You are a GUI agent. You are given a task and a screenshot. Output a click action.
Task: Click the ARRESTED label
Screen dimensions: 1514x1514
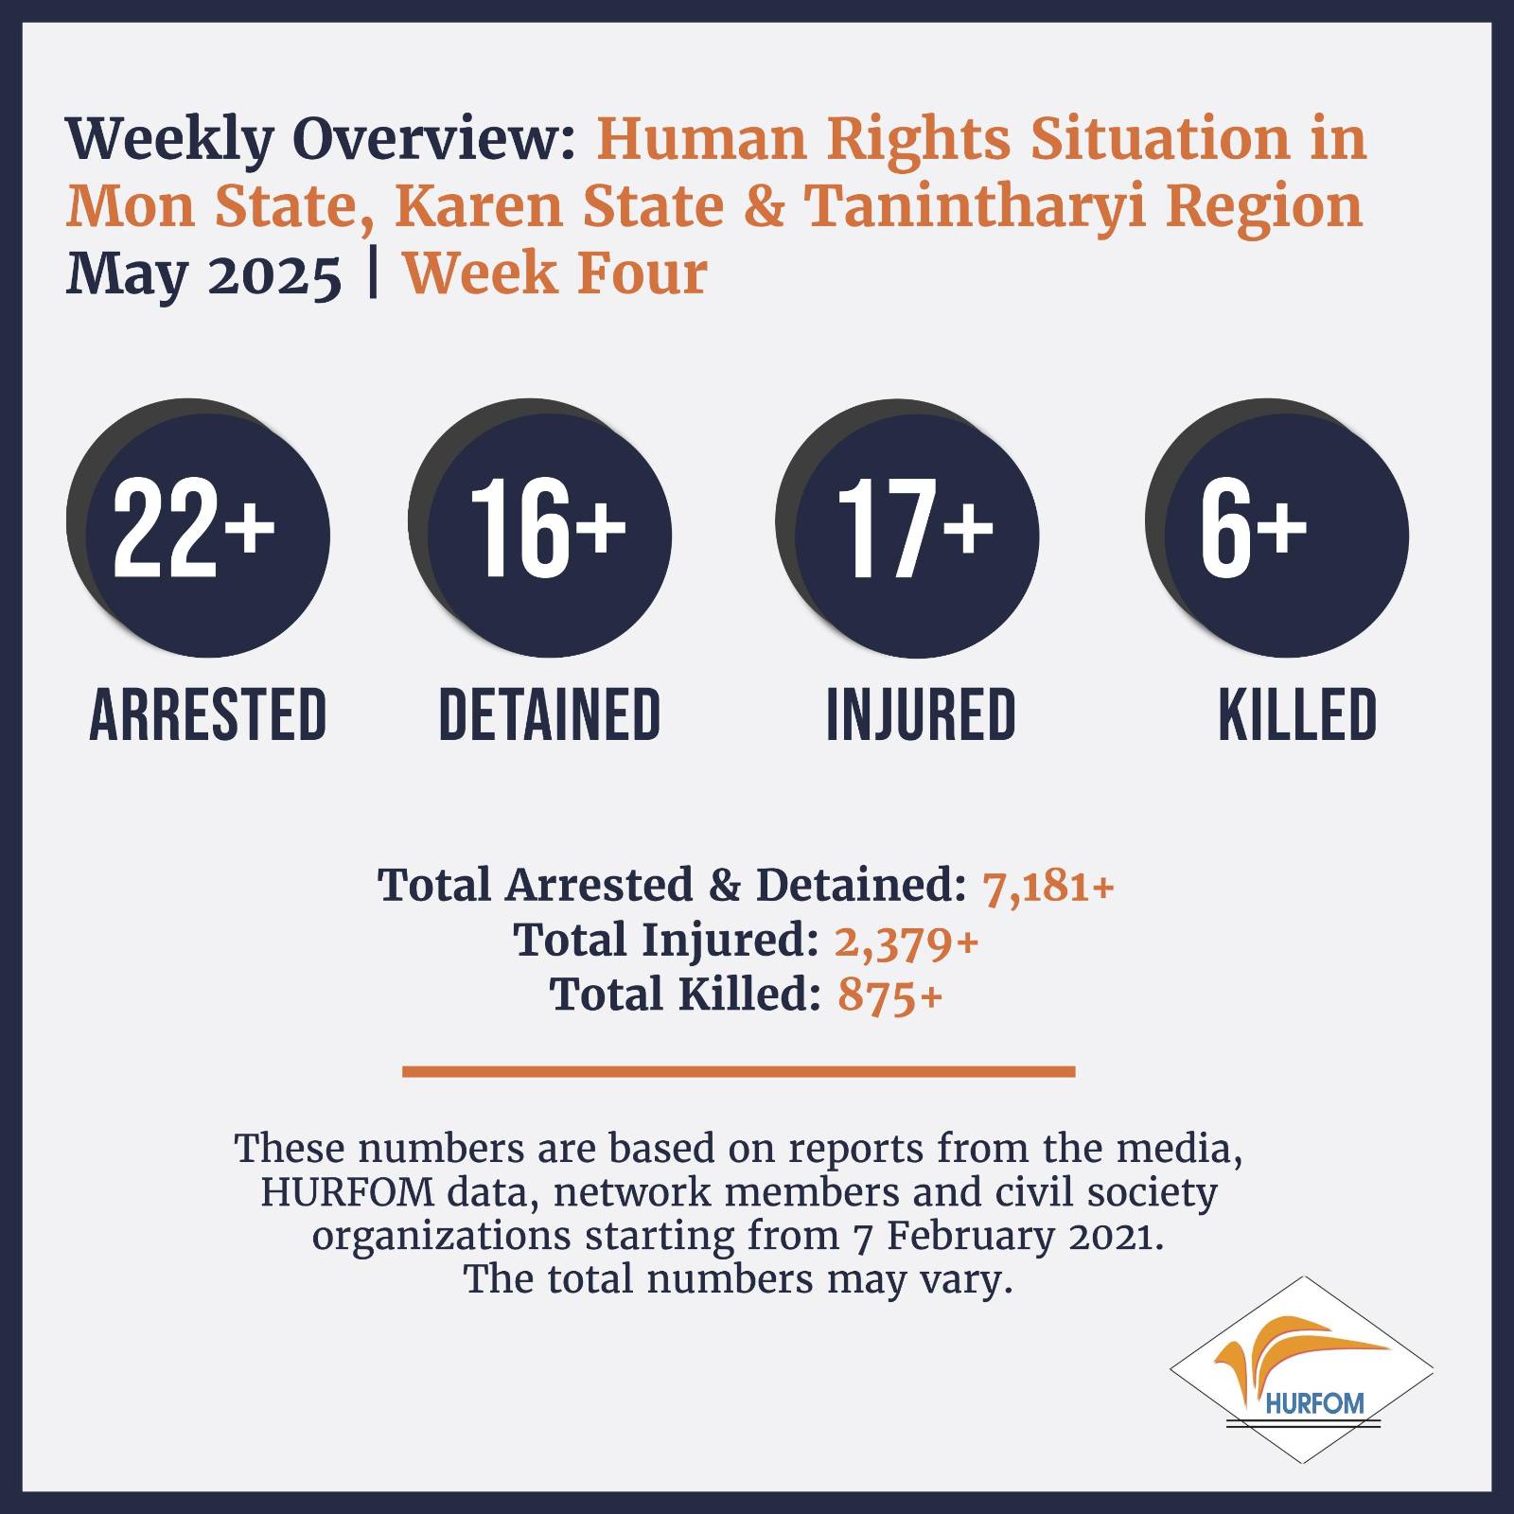[x=208, y=714]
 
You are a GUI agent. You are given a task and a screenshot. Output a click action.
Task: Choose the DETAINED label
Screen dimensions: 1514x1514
[x=550, y=714]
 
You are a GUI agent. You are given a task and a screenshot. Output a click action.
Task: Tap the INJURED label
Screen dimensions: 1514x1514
[x=921, y=714]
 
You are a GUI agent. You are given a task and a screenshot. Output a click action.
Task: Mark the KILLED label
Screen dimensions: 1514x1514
[x=1297, y=714]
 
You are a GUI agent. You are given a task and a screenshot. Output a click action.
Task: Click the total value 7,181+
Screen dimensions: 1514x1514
[x=1048, y=888]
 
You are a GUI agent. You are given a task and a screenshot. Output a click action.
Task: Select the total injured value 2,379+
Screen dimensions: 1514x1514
[x=906, y=942]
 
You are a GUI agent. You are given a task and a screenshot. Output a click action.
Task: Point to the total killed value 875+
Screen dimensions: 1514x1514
[x=890, y=996]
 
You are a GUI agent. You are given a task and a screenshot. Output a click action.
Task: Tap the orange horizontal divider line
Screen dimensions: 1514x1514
[x=739, y=1071]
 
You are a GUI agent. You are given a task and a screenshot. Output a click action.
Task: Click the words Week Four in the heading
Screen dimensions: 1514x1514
[x=555, y=274]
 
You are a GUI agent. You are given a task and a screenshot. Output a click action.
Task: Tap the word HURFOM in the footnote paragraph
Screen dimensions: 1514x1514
[x=346, y=1192]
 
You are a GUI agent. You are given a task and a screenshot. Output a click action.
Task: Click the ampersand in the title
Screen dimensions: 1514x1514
[x=764, y=207]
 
